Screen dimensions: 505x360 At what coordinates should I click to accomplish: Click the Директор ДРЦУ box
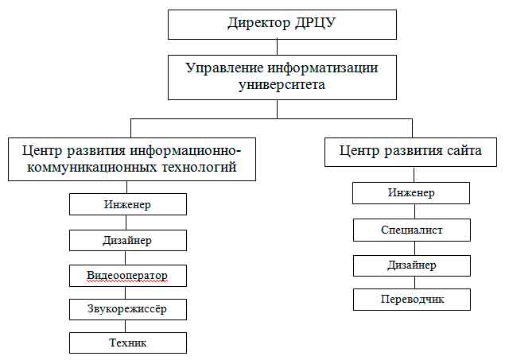tap(282, 25)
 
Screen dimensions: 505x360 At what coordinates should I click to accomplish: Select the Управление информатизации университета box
tap(282, 77)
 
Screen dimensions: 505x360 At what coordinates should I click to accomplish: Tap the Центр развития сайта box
tap(410, 152)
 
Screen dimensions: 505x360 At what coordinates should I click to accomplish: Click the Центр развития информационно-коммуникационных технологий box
tap(132, 159)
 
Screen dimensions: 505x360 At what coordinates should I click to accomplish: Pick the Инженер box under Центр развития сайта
tap(411, 193)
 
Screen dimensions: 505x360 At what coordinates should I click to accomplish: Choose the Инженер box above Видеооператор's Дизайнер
tap(128, 204)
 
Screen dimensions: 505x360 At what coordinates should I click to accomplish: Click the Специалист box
tap(412, 230)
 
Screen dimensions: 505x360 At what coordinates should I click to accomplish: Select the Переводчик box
tap(412, 300)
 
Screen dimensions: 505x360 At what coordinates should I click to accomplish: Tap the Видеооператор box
tap(128, 276)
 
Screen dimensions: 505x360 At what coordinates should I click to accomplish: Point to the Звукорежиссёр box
tap(128, 309)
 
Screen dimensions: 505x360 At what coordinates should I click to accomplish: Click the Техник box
tap(128, 343)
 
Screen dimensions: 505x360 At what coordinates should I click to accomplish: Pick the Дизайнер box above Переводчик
tap(412, 265)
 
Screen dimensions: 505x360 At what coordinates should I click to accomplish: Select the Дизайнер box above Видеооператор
tap(128, 240)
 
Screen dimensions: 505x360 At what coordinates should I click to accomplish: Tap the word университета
tap(282, 85)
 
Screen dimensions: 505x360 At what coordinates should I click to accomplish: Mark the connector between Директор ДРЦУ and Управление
tap(278, 48)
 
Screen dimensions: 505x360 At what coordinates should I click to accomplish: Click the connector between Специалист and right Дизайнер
tap(414, 249)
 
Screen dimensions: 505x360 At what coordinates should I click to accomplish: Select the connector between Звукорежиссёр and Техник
tap(126, 326)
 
